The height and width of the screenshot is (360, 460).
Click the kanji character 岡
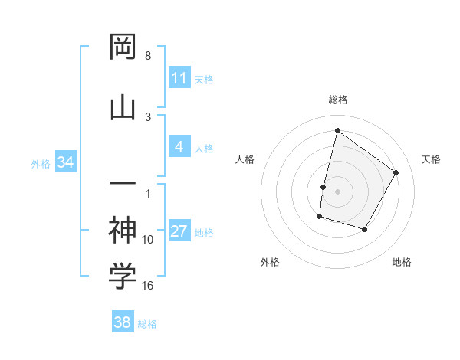[x=123, y=47]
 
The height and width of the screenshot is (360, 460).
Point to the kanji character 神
[x=123, y=228]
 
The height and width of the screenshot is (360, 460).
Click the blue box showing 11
[x=179, y=78]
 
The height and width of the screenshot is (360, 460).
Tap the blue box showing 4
[x=179, y=148]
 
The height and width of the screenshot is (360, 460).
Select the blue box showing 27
[x=179, y=232]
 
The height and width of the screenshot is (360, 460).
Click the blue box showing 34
[x=65, y=162]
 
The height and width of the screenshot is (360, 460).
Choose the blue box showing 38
[x=123, y=322]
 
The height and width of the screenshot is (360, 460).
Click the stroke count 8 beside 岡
[x=148, y=56]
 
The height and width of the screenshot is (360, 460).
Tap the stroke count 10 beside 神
[x=148, y=240]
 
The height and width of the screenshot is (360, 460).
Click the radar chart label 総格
[x=337, y=100]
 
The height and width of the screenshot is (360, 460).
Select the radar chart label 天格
[x=431, y=159]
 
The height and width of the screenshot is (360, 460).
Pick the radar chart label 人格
[x=245, y=159]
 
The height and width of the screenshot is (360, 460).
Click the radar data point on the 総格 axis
[x=337, y=130]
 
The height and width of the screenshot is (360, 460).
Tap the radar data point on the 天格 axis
[x=396, y=172]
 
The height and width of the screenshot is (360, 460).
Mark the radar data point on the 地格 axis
[x=365, y=230]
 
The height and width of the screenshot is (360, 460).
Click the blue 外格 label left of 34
[x=41, y=163]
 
